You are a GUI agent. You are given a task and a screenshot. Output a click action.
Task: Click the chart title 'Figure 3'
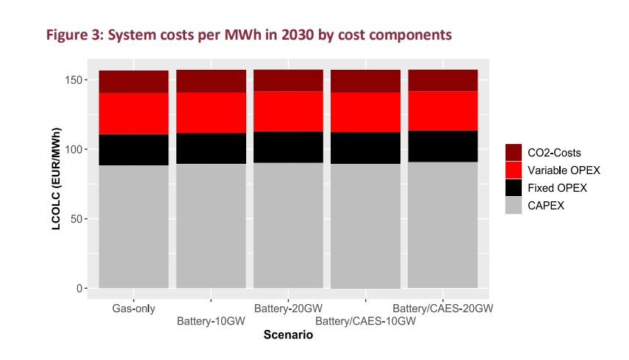pyautogui.click(x=256, y=35)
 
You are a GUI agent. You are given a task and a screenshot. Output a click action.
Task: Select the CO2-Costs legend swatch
pyautogui.click(x=514, y=153)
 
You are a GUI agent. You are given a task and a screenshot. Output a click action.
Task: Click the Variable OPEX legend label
pyautogui.click(x=564, y=170)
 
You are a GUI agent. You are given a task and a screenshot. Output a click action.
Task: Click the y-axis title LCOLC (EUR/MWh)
pyautogui.click(x=57, y=180)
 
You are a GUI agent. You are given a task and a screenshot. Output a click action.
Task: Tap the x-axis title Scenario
pyautogui.click(x=288, y=336)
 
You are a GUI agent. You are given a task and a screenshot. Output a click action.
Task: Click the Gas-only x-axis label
pyautogui.click(x=134, y=309)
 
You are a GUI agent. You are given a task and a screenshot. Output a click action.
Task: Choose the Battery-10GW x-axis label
pyautogui.click(x=211, y=321)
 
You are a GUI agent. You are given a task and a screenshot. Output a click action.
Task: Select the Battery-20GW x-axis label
pyautogui.click(x=288, y=309)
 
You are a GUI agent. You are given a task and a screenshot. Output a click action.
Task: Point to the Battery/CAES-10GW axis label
pyautogui.click(x=365, y=321)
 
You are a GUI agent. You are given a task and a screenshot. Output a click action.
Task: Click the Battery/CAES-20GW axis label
pyautogui.click(x=443, y=309)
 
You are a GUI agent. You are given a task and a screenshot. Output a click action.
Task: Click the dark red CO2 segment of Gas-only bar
pyautogui.click(x=134, y=82)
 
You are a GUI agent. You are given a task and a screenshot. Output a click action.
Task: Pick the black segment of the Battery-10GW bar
pyautogui.click(x=211, y=148)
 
